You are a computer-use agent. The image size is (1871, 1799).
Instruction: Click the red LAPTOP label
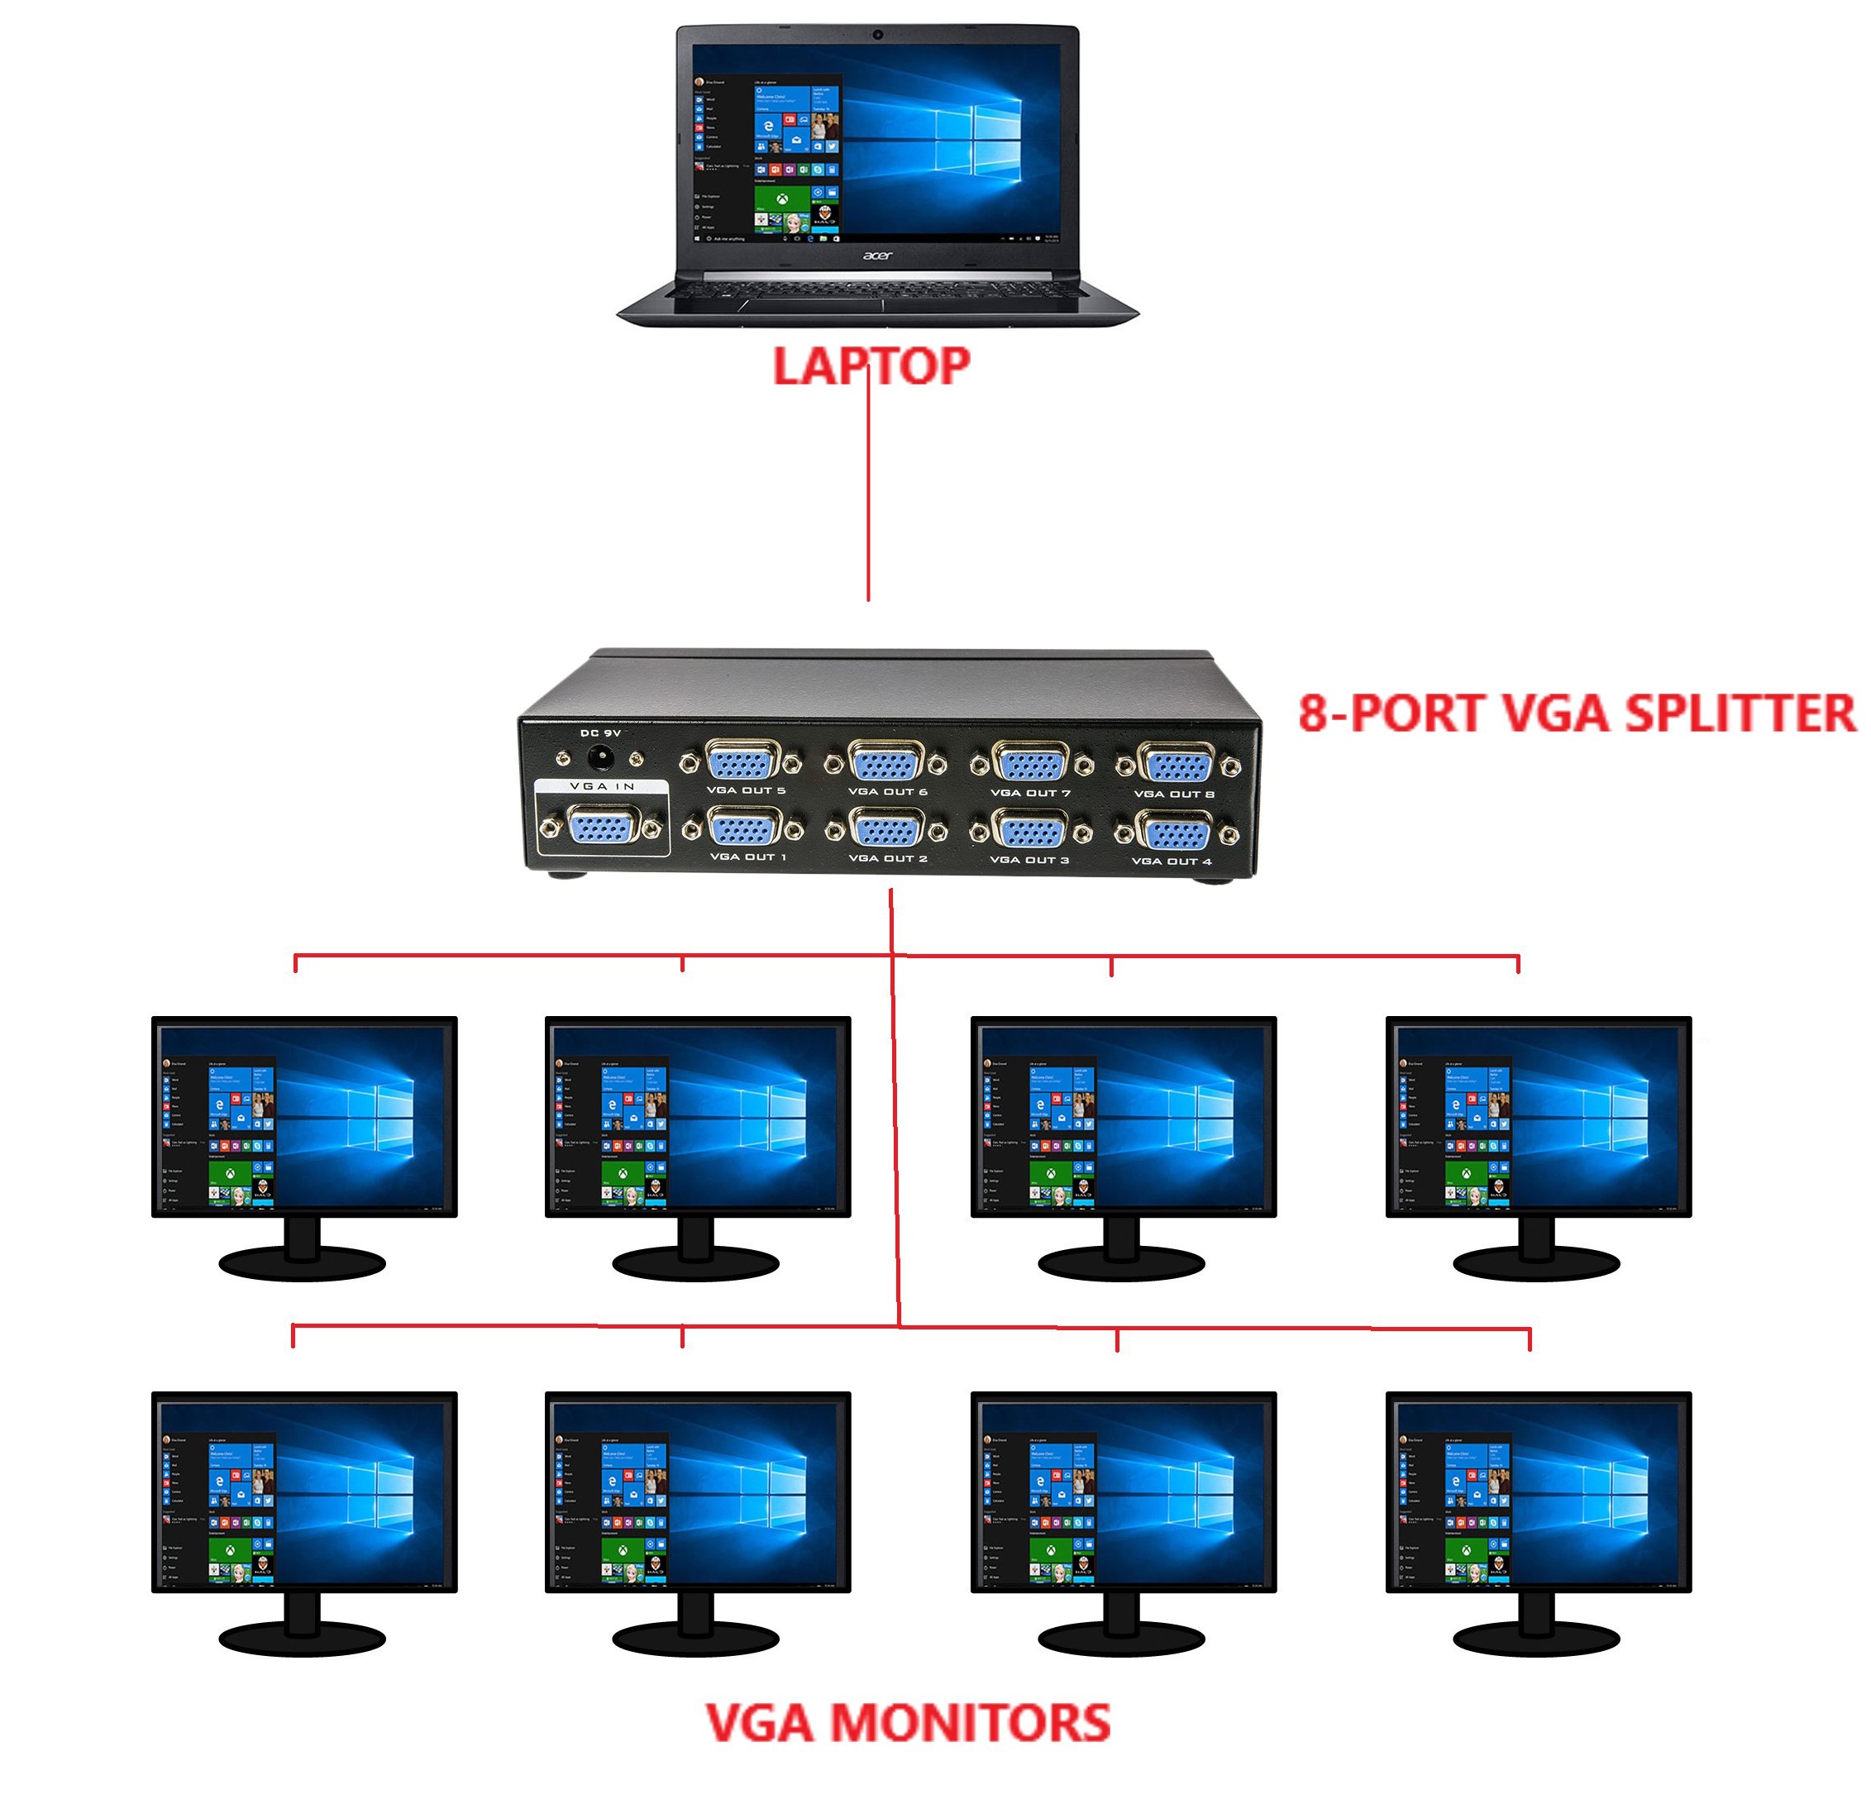[870, 366]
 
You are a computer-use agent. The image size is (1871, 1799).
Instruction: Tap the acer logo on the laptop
[877, 255]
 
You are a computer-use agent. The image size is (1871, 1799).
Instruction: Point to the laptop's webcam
[877, 36]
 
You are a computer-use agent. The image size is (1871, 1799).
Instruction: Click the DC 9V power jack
[600, 760]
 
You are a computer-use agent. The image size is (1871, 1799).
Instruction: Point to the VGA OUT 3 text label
[1029, 860]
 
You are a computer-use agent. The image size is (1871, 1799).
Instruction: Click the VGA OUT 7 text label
[1030, 793]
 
